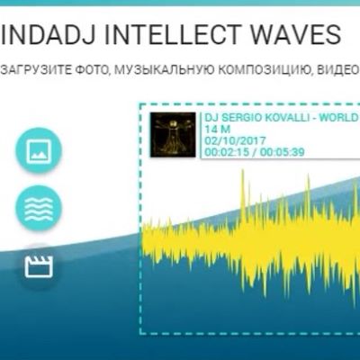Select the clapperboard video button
[39, 265]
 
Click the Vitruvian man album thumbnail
[173, 135]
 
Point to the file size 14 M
[217, 130]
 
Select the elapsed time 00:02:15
[228, 153]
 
